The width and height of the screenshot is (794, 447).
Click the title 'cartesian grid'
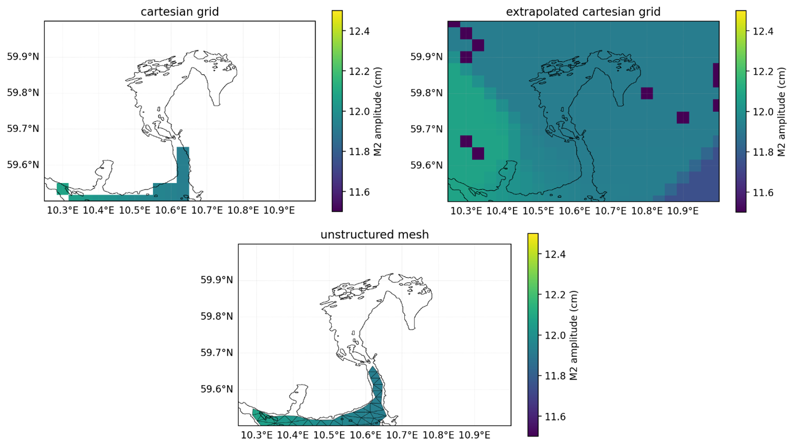180,12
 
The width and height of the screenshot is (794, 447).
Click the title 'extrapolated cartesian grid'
583,12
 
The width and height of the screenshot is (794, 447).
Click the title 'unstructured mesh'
374,234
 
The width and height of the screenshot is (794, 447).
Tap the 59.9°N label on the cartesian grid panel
23,56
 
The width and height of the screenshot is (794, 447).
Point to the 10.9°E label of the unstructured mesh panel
474,435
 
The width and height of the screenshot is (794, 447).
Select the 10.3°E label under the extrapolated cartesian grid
466,211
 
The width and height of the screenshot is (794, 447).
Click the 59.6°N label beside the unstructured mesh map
217,389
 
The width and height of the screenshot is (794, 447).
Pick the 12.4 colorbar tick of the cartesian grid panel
359,31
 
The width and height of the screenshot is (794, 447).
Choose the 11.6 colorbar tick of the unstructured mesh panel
555,417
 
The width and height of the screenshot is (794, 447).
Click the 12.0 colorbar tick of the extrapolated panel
763,112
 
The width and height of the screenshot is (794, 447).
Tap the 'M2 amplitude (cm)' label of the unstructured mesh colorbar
574,335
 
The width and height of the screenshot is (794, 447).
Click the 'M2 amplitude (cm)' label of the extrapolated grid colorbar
781,112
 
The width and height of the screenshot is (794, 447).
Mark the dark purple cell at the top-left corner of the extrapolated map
454,24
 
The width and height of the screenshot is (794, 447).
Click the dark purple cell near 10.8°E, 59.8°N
647,93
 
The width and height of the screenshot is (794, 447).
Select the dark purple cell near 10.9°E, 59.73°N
683,118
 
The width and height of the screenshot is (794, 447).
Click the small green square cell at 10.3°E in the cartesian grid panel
63,189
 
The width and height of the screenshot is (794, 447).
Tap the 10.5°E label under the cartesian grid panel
134,210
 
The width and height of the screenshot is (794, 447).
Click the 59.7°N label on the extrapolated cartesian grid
426,129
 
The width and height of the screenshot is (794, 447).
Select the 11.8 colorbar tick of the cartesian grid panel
359,152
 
